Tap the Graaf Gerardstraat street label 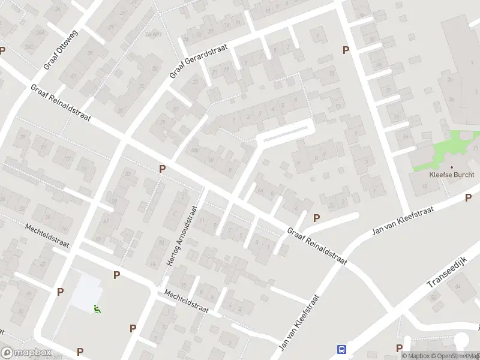[193, 61]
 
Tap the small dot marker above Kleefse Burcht [452, 167]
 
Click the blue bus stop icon [342, 349]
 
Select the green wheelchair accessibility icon [97, 309]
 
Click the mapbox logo [26, 353]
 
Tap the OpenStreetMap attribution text [454, 356]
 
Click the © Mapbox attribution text [415, 356]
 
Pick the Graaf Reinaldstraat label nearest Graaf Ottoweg [61, 103]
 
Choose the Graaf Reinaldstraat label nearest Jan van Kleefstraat [317, 246]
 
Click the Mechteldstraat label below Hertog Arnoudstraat [187, 301]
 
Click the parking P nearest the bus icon [399, 348]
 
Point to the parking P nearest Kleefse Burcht [468, 197]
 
